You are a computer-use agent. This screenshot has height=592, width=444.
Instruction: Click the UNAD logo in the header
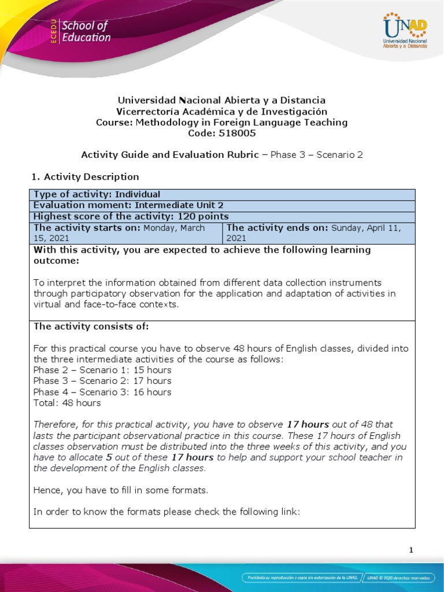[x=405, y=32]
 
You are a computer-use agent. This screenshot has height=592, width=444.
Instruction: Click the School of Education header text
[x=86, y=31]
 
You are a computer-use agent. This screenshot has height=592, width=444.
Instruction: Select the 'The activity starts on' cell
[x=125, y=232]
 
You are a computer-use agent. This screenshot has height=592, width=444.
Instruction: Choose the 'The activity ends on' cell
[x=319, y=232]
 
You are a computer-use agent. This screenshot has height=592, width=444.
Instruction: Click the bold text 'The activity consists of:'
[x=91, y=327]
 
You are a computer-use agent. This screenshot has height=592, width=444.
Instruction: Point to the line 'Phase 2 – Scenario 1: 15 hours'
[x=102, y=370]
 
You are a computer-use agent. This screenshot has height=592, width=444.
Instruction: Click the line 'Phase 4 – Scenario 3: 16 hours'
[x=102, y=392]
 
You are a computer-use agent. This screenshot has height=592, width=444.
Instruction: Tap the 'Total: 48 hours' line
[x=67, y=403]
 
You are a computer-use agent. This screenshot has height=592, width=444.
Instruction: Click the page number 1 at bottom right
[x=411, y=550]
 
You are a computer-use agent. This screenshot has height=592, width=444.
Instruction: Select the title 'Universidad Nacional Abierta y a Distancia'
[x=222, y=100]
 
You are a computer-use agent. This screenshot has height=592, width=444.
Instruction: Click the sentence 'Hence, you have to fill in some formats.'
[x=120, y=490]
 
